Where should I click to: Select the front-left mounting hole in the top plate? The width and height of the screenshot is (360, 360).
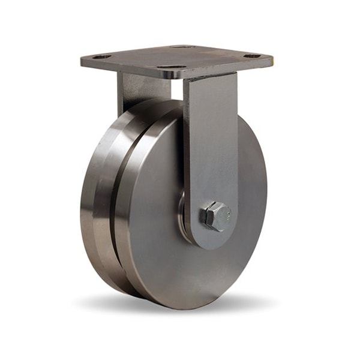coord(103,56)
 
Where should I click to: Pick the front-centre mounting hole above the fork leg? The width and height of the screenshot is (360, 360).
coord(172,67)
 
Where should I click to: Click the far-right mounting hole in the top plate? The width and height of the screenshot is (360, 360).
coord(252,56)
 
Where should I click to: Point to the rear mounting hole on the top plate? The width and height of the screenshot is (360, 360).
coord(181,46)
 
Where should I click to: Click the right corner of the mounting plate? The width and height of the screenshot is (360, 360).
coord(271,59)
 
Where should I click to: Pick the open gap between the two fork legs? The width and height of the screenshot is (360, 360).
coord(175,90)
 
